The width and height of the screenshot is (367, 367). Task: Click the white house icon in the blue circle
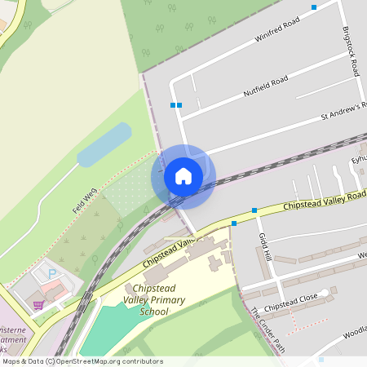pos(183,176)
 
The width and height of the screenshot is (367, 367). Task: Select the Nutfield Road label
pos(266,85)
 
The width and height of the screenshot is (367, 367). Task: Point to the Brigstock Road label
pos(350,50)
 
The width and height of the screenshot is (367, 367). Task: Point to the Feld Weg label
pos(85,201)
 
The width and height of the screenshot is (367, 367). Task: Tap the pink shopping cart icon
pos(38,305)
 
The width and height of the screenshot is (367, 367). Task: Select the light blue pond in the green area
pos(104,145)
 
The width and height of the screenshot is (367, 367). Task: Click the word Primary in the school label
pos(166,301)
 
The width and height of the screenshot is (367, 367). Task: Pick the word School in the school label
pos(154,312)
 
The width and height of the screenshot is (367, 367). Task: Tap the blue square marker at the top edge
pos(314,7)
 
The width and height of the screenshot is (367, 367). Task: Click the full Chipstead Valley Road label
pos(326,200)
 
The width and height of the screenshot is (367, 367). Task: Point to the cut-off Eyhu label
pos(358,160)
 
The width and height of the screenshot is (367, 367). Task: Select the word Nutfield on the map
pos(257,90)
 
